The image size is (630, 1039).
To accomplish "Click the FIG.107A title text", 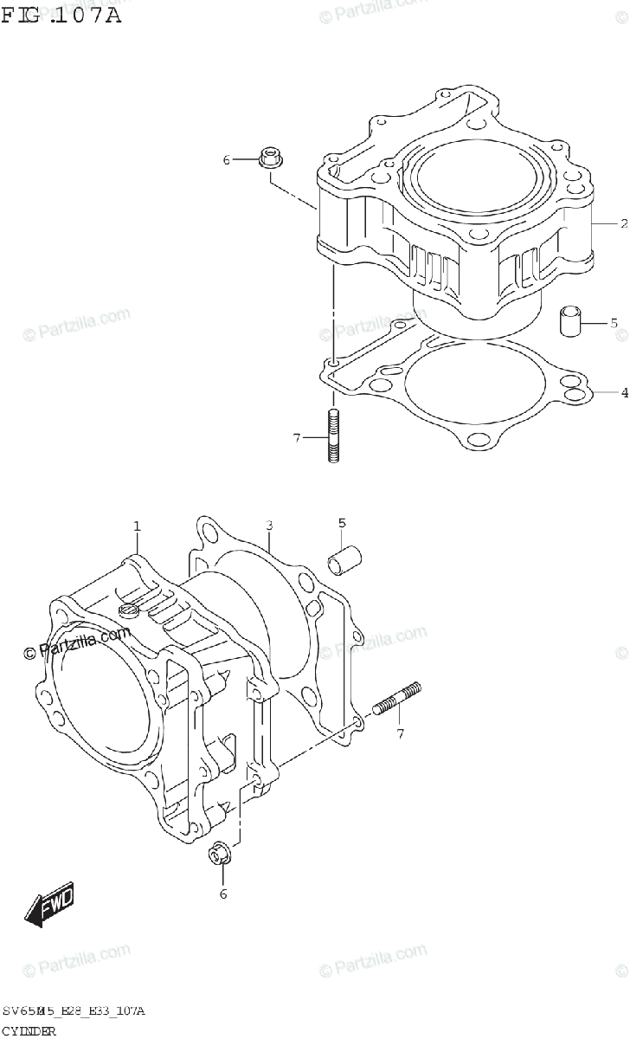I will click(x=61, y=14).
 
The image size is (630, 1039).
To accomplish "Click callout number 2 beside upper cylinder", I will click(x=622, y=223).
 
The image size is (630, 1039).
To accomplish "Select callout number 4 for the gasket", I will click(x=623, y=393).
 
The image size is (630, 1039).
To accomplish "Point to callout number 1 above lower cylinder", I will click(x=136, y=526).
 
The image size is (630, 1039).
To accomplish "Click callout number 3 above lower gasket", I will click(x=269, y=526).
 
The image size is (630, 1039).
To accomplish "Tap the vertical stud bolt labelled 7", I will click(x=332, y=436).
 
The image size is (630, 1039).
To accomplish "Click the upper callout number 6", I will click(x=227, y=160).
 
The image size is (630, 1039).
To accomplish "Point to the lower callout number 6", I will click(x=222, y=894).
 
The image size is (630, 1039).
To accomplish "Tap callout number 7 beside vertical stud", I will click(x=296, y=438).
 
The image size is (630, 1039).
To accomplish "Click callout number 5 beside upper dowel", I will click(x=614, y=323).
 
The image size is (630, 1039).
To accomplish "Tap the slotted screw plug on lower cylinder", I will click(x=129, y=611).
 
